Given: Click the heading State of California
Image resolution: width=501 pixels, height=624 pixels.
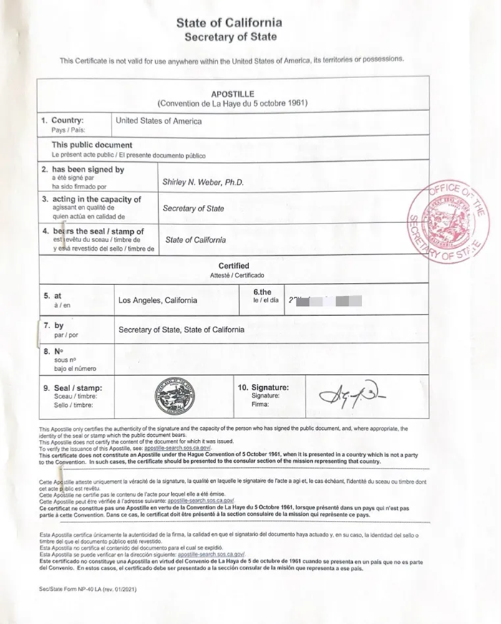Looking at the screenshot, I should coord(229,23).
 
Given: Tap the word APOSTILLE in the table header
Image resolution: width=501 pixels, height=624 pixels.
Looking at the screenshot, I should coord(233,94).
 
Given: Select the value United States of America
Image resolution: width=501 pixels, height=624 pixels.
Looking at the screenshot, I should coord(158,121).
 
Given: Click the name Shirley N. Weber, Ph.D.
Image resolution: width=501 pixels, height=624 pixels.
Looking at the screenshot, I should coord(203,182).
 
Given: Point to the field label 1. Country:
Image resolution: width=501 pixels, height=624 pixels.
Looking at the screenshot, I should coord(62,120).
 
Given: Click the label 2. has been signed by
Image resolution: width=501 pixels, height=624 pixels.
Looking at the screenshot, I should coord(82,170).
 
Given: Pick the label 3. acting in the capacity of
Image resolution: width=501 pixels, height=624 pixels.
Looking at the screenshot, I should coord(91,199).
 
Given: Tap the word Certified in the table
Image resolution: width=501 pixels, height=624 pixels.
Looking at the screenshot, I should coord(233,266).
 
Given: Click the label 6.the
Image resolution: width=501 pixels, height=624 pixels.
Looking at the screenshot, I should coord(263,292).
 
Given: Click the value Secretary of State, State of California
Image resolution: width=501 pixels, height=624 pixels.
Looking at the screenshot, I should coord(181,330).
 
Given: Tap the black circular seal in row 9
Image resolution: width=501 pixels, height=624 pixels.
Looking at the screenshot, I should coord(175,396).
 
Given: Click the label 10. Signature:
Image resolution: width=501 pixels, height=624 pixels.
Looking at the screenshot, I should coord(263,386).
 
